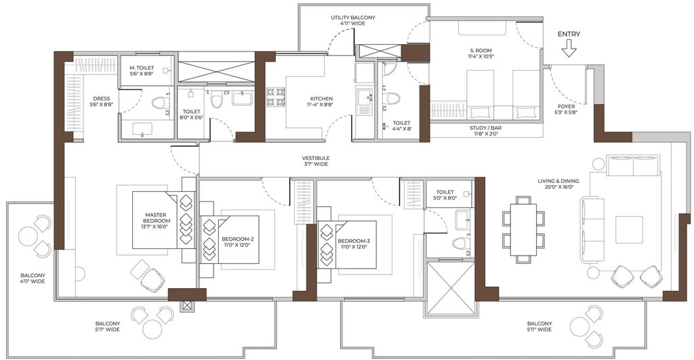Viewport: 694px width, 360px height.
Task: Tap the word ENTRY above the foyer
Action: point(569,34)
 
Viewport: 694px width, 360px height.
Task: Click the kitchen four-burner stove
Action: point(275,98)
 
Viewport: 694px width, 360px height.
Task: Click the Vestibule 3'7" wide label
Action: point(316,161)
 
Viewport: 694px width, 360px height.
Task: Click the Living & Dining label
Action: point(558,184)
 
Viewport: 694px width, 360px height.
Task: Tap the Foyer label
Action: point(566,109)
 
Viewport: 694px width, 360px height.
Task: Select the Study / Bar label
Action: point(485,131)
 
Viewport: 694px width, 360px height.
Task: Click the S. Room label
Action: point(481,54)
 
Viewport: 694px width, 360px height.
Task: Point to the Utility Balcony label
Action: point(353,20)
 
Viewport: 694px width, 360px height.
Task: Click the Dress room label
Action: point(102,102)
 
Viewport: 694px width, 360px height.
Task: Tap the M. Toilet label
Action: point(142,71)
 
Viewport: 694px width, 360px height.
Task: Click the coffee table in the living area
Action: point(628,229)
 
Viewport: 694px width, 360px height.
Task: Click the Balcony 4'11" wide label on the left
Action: point(33,278)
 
